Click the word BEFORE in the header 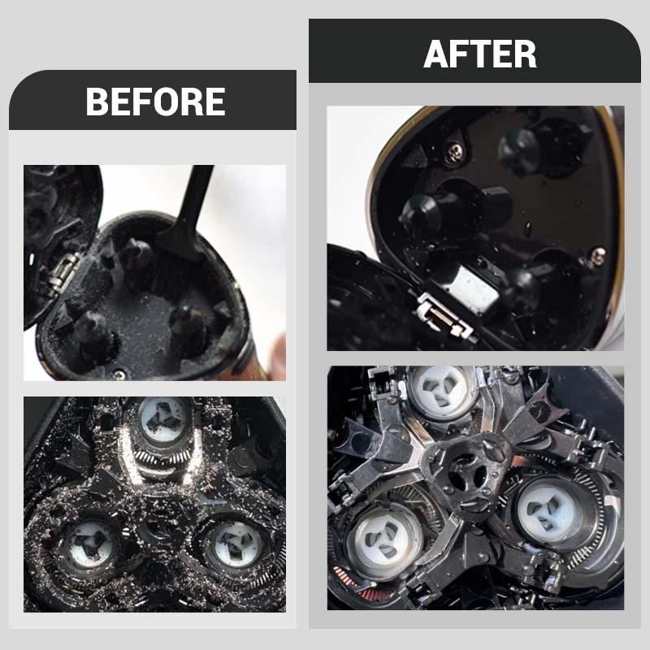[155, 102]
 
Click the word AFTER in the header [480, 54]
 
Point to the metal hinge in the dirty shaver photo [63, 275]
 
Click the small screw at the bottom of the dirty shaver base [119, 375]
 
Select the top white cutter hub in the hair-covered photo [162, 419]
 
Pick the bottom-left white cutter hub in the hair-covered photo [93, 543]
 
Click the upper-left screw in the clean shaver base [455, 151]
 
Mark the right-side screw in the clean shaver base [598, 253]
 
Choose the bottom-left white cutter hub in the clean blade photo [383, 539]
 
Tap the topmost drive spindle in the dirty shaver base [136, 253]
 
